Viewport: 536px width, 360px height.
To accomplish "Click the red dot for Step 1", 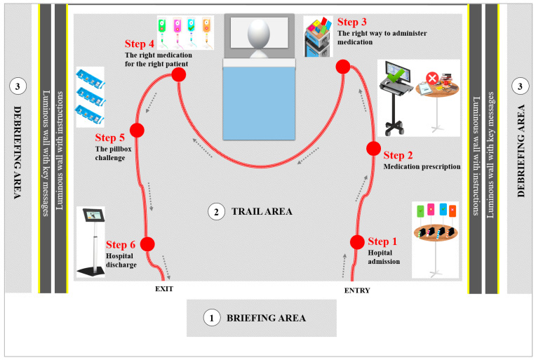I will pos(357,241).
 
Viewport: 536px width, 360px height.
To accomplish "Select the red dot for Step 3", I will pos(342,67).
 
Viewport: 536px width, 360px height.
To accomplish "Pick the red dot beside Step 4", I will pos(178,74).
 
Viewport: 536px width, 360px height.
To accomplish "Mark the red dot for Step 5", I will pos(137,130).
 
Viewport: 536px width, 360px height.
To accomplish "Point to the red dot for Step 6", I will pos(147,244).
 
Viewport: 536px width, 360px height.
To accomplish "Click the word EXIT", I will pos(164,288).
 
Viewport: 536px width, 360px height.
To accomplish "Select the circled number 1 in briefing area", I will pos(211,318).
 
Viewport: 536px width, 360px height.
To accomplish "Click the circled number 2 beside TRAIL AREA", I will pos(217,211).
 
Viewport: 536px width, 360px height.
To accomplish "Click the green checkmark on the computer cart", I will pos(397,73).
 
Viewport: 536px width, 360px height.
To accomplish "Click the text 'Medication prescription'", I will pos(422,167).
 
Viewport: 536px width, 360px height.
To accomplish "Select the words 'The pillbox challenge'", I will pos(109,153).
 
